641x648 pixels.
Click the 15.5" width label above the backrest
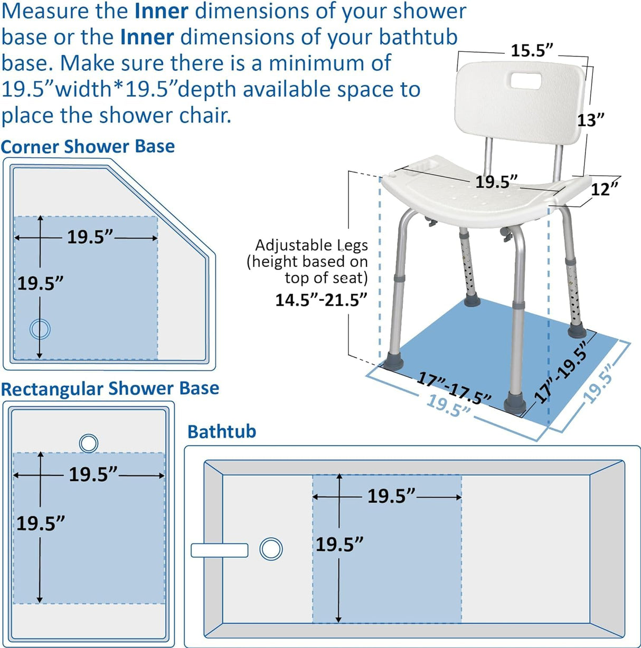[531, 51]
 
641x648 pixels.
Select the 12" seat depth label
[604, 188]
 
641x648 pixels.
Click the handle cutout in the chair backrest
[529, 81]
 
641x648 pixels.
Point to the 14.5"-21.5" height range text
[320, 300]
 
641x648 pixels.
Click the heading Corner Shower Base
[88, 146]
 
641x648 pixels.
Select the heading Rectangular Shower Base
[110, 388]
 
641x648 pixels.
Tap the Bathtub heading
[222, 431]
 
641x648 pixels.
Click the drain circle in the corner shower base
[40, 329]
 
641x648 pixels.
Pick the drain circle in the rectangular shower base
[89, 443]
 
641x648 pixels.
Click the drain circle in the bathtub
[271, 549]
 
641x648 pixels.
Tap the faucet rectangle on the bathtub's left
[219, 550]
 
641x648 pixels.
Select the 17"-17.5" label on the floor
[454, 388]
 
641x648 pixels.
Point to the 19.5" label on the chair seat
[496, 182]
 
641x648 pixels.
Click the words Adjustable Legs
[311, 245]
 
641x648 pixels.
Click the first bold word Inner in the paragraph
[162, 12]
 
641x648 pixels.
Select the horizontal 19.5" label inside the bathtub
[391, 496]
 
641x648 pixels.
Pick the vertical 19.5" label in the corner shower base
[40, 283]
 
